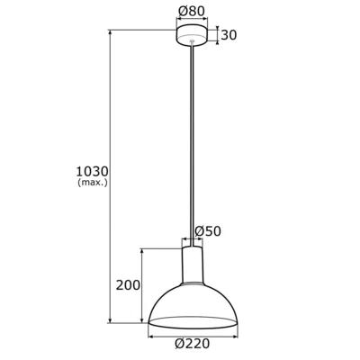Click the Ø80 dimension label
(x=192, y=13)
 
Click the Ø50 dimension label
(x=208, y=230)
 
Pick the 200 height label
(x=130, y=285)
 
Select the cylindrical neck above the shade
(x=192, y=265)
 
